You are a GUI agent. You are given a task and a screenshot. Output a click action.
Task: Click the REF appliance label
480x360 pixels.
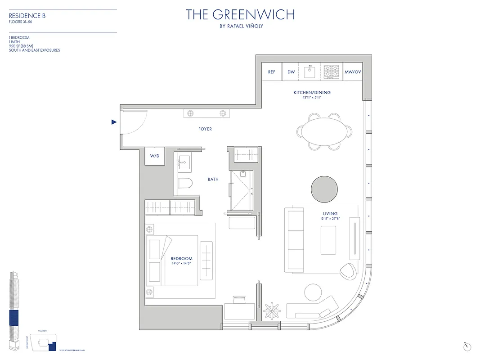click(272, 72)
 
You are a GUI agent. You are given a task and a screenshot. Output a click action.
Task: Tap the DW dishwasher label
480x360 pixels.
click(291, 72)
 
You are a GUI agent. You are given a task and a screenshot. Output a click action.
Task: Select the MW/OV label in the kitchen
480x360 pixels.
click(353, 72)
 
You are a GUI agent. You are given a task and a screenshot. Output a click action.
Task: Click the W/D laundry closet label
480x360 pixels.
click(155, 156)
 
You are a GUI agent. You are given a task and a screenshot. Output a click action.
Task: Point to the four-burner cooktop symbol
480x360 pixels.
click(332, 71)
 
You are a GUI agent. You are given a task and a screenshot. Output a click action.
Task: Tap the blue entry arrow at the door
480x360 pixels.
click(114, 122)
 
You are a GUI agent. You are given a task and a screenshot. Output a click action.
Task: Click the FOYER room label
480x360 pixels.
click(205, 129)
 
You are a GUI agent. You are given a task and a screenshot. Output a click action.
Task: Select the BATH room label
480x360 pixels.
click(213, 180)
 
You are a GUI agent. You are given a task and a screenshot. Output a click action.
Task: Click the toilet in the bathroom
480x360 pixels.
click(184, 183)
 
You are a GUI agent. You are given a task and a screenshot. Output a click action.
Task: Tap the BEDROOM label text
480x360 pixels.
click(182, 259)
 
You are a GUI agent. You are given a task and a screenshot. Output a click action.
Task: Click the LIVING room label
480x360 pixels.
click(330, 214)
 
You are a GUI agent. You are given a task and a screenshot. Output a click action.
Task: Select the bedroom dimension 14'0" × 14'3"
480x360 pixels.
click(182, 264)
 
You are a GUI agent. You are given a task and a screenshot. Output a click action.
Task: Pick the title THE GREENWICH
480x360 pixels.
click(240, 15)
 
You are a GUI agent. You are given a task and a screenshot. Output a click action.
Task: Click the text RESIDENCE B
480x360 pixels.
click(27, 16)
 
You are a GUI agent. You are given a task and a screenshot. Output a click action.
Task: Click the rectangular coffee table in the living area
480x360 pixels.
click(328, 240)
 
